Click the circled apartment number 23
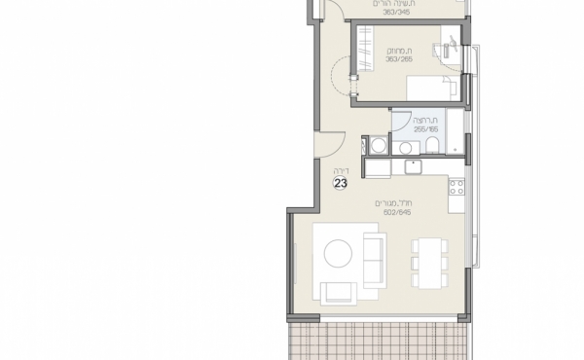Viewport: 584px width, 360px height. pos(341,182)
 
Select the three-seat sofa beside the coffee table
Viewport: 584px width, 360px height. pos(372,256)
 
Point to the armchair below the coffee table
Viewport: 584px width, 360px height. pos(340,290)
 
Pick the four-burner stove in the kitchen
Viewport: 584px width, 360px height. pos(456,191)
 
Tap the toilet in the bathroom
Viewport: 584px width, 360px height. pos(429,146)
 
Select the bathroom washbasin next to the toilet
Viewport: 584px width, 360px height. pos(402,147)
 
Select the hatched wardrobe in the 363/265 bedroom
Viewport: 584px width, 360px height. pos(363,49)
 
